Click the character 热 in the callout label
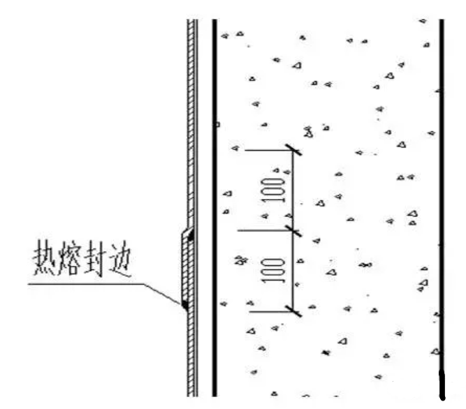tap(45, 258)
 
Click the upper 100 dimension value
tap(272, 190)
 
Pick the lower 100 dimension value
tap(272, 270)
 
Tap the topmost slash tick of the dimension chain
tap(293, 150)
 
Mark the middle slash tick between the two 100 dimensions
tap(293, 231)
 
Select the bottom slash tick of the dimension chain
tap(293, 311)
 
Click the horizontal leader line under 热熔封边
tap(86, 284)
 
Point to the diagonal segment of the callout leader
tap(163, 294)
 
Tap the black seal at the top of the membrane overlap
tap(191, 235)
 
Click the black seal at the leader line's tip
tap(185, 305)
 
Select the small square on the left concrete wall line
tap(217, 124)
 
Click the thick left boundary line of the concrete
tap(214, 208)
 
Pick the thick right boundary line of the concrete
tap(442, 208)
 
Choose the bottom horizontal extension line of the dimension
tap(271, 312)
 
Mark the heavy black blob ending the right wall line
tap(442, 385)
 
